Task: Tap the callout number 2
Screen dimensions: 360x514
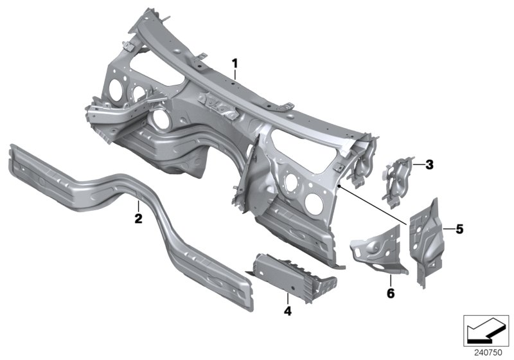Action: pos(137,219)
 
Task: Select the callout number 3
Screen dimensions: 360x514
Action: pos(430,165)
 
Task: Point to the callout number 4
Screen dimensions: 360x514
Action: pos(288,312)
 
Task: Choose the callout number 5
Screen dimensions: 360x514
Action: pos(459,228)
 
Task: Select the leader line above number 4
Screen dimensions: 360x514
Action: pos(288,297)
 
